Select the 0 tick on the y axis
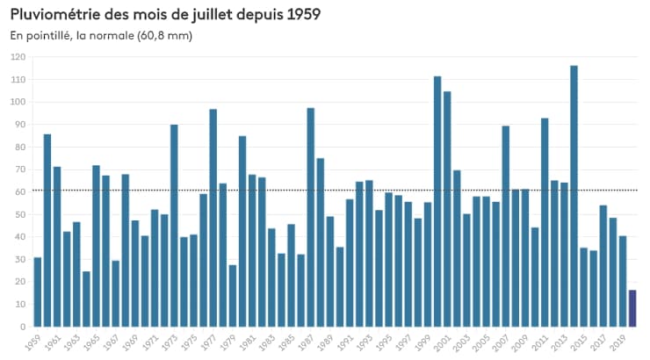(x=24, y=327)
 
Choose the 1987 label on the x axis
(x=308, y=342)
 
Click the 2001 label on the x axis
(x=445, y=342)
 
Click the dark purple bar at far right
(x=632, y=308)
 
